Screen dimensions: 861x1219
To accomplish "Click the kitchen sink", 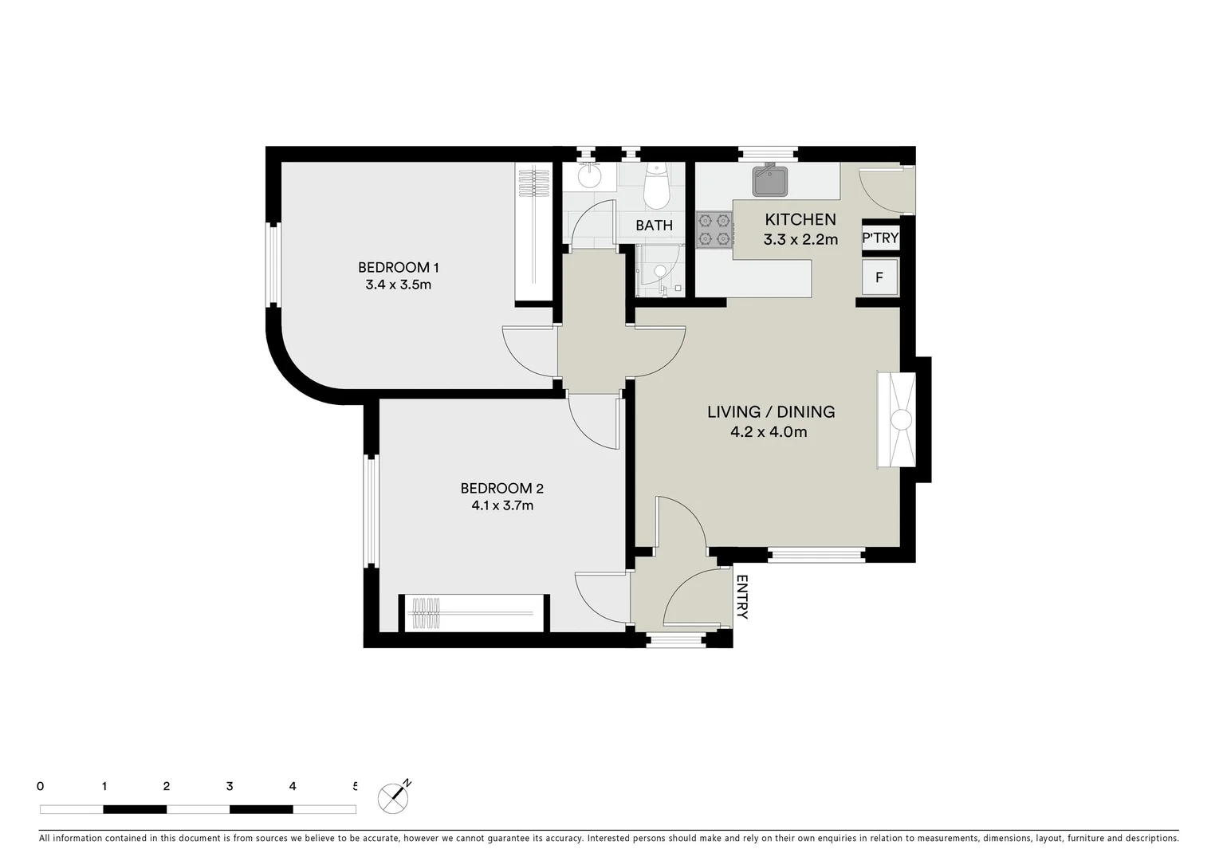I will tap(770, 181).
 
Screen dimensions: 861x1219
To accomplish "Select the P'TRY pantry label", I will tap(880, 238).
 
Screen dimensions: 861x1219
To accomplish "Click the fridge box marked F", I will tap(879, 277).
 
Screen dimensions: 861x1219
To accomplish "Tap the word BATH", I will tap(654, 226).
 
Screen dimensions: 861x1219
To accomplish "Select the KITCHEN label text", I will tap(800, 219).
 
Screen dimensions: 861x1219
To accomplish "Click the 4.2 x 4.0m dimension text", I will tap(769, 432).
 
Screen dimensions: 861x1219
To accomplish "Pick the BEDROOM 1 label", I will tap(399, 267).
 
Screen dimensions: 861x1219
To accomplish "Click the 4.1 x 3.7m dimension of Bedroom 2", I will tap(501, 505).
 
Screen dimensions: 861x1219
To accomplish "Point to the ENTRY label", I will tap(741, 597).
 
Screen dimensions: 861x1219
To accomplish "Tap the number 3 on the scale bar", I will tap(230, 786).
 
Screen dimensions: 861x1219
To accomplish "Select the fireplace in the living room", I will tap(897, 419).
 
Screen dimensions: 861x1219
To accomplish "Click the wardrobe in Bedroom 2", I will tap(474, 613).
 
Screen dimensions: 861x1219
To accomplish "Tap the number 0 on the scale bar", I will tap(41, 786).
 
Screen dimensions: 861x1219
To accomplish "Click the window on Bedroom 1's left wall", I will tap(273, 265).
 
